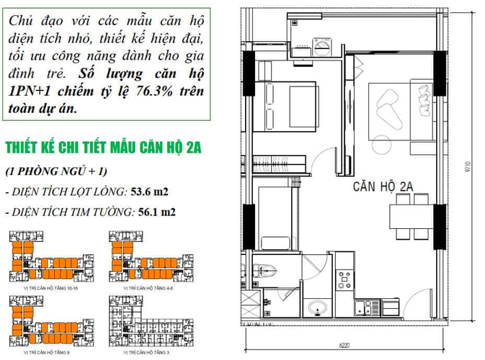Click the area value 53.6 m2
pyautogui.click(x=152, y=192)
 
